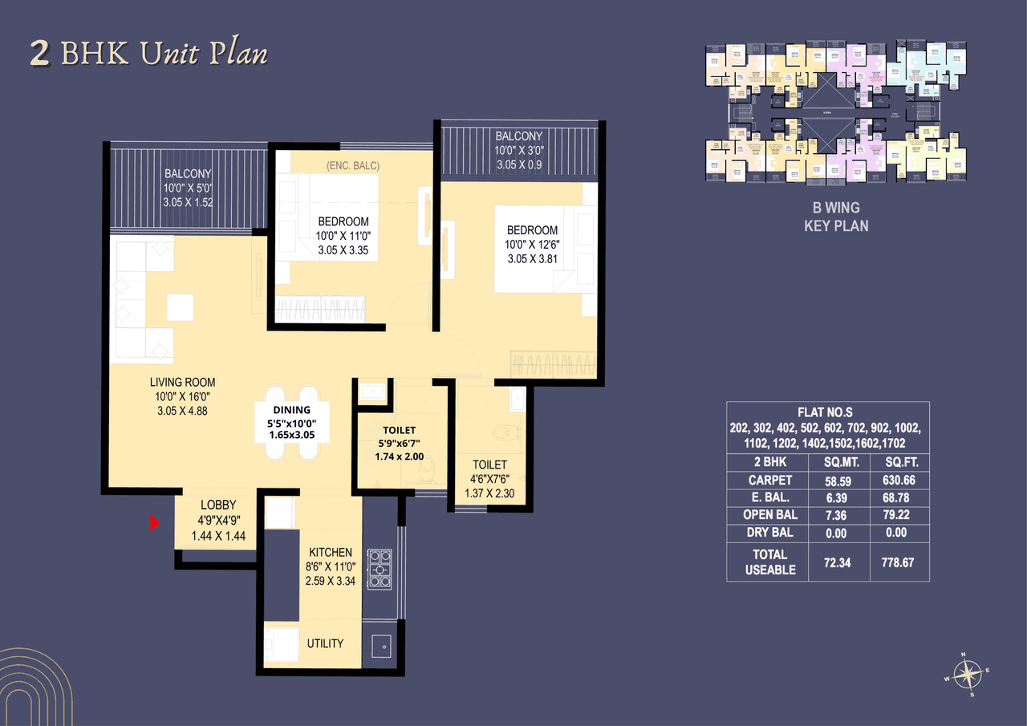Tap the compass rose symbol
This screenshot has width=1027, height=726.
coord(969,672)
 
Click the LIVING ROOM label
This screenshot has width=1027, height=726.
coord(182,383)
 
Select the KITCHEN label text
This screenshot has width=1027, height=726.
coord(331,552)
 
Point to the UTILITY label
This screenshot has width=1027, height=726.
coord(325,643)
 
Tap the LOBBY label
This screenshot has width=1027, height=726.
coord(218,505)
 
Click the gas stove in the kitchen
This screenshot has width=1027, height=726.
coord(379,568)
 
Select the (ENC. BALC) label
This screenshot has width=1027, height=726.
coord(353,165)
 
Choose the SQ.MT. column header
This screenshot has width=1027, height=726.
coord(839,463)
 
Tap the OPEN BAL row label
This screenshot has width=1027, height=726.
coord(769,515)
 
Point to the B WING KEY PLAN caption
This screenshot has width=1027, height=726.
coord(836,217)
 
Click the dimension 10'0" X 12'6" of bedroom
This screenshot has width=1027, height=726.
coord(532,245)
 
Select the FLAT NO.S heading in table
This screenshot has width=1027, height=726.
coord(827,412)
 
